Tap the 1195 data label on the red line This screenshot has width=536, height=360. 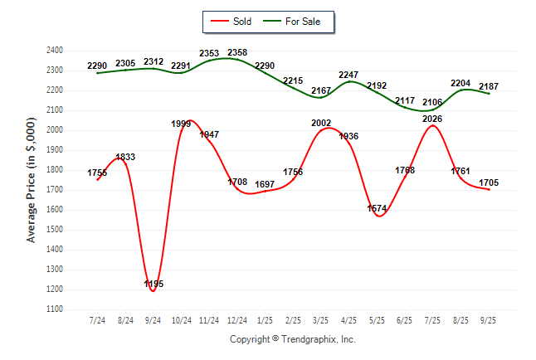(153, 284)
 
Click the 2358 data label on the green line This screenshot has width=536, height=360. (237, 53)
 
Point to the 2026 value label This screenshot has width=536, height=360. (432, 119)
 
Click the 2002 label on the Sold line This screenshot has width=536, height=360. (321, 123)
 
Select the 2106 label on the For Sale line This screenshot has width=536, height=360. (432, 102)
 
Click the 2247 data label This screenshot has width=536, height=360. (348, 75)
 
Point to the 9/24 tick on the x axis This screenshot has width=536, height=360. (153, 319)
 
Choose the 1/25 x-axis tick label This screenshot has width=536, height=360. (266, 319)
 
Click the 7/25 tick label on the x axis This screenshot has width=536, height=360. (432, 319)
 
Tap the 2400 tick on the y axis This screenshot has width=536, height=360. (55, 51)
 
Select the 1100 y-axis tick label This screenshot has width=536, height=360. (55, 309)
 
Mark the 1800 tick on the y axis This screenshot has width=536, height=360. (55, 170)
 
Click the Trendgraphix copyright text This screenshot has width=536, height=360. (292, 339)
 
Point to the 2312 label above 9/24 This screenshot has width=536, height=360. (153, 61)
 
